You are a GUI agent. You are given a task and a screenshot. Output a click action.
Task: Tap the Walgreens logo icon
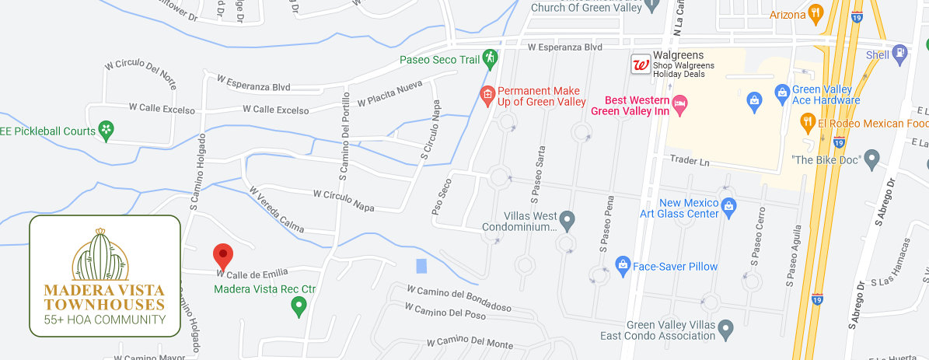pyautogui.click(x=641, y=65)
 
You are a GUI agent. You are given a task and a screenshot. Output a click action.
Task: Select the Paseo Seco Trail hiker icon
pyautogui.click(x=489, y=58)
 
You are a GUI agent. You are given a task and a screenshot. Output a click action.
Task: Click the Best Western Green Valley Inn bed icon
pyautogui.click(x=680, y=103)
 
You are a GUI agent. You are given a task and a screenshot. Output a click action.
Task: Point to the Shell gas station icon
pyautogui.click(x=900, y=54)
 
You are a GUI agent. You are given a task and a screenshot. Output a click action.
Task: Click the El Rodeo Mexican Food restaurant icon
pyautogui.click(x=807, y=122)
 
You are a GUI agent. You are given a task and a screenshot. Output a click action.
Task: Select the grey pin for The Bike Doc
pyautogui.click(x=871, y=159)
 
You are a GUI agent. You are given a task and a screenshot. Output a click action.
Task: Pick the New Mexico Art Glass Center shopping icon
pyautogui.click(x=728, y=205)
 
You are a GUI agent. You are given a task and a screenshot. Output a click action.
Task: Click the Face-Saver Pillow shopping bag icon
pyautogui.click(x=622, y=266)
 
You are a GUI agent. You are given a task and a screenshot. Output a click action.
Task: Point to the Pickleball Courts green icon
pyautogui.click(x=107, y=131)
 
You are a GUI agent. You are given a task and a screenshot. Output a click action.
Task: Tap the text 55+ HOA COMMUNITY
pyautogui.click(x=104, y=320)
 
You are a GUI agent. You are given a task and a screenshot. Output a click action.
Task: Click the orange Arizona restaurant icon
pyautogui.click(x=815, y=12)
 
